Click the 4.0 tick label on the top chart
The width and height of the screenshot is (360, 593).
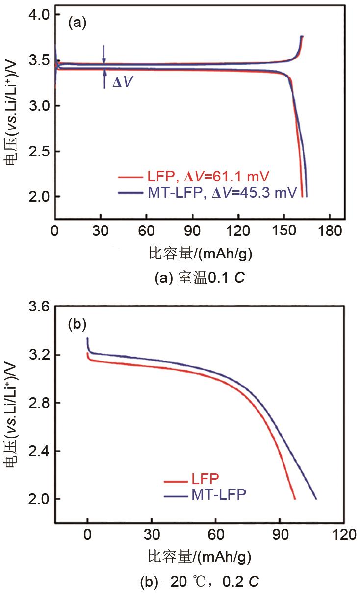click(38, 15)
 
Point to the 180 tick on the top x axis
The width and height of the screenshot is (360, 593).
click(329, 231)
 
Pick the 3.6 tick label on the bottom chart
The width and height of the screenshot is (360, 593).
click(38, 307)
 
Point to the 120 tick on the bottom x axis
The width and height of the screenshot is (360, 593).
click(343, 534)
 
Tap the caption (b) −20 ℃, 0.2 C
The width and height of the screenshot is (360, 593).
click(199, 582)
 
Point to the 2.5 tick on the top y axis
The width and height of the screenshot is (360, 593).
click(38, 152)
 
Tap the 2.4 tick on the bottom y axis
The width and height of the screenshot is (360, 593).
click(38, 451)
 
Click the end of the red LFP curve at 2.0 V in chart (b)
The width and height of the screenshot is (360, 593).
click(295, 499)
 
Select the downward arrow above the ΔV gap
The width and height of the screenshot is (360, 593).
click(103, 54)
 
